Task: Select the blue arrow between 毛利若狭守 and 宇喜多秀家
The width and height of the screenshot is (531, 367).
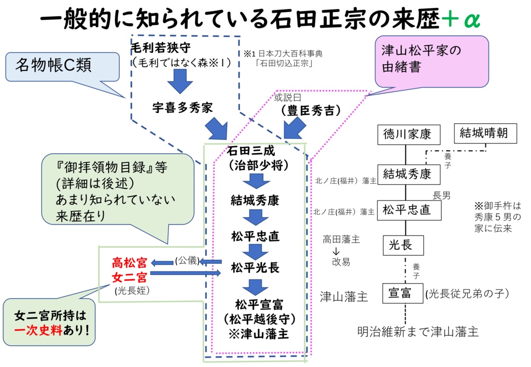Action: click(179, 81)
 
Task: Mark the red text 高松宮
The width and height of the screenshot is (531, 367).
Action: click(130, 262)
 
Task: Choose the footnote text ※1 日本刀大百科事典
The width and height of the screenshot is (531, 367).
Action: click(284, 53)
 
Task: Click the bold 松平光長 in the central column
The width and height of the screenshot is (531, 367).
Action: click(255, 268)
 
